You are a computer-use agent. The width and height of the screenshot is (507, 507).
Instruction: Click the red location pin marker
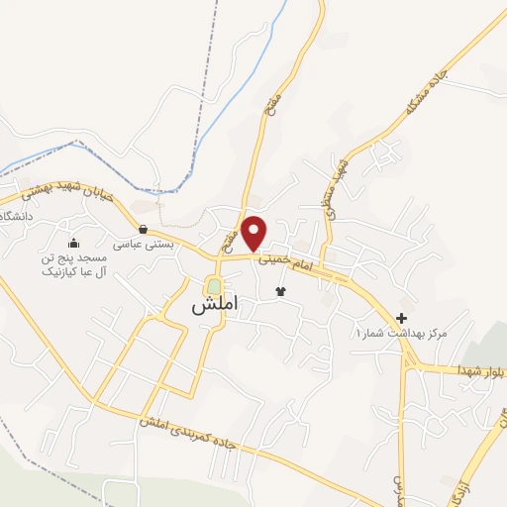click(255, 232)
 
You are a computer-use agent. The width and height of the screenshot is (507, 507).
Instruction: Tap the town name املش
click(213, 306)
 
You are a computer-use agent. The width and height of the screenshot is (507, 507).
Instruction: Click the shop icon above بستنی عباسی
click(144, 229)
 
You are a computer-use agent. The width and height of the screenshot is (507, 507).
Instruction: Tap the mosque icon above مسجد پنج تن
click(72, 244)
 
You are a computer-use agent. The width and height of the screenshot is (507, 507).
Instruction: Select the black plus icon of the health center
click(401, 318)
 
